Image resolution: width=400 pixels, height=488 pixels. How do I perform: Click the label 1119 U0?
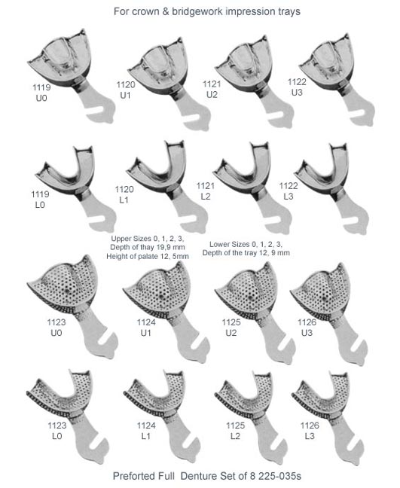pos(41,93)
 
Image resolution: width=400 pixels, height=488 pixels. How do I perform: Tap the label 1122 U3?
pos(297,87)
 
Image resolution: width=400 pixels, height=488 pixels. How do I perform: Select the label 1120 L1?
pos(124,194)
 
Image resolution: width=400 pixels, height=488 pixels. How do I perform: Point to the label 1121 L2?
pos(206,191)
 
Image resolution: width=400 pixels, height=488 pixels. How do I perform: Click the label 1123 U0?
pos(56,328)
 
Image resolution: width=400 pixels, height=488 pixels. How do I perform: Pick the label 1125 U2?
pos(231,328)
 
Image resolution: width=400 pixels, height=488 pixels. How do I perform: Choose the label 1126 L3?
pos(310,431)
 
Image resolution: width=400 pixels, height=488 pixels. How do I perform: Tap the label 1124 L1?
pos(146,431)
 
